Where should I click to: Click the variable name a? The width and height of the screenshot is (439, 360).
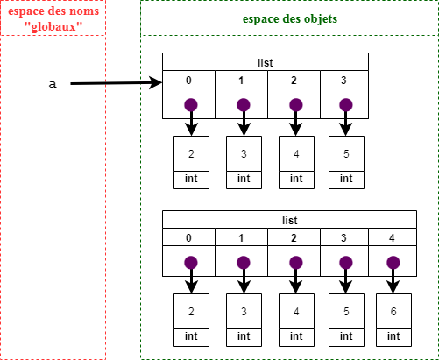point(53,84)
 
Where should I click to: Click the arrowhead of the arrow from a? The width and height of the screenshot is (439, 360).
point(156,82)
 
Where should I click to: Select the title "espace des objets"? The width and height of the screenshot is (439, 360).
point(290,18)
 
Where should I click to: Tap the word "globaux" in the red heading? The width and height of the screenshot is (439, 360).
point(53,26)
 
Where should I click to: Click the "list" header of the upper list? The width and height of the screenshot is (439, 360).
point(266,62)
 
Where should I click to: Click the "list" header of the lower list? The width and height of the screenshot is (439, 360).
point(289,220)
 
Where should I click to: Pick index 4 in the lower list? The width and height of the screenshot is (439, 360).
point(392,238)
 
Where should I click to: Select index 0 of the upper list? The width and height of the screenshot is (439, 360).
point(188,80)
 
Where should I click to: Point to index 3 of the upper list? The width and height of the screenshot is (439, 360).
point(343,80)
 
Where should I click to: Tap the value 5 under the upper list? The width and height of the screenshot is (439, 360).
point(346,153)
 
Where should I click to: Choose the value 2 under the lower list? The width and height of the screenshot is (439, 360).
point(191,311)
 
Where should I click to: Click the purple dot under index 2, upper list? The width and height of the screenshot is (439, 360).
point(296,105)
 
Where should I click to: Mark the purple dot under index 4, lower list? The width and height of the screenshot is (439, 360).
point(393,263)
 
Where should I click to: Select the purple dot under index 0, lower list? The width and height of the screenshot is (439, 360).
point(191,263)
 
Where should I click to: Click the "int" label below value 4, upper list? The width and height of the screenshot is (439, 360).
point(296,178)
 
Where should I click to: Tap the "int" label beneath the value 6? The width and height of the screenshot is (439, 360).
point(393,335)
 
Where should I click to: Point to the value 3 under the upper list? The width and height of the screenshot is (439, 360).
point(244,153)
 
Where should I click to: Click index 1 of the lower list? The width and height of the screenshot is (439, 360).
point(241,238)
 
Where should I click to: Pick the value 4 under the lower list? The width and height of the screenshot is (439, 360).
point(296,311)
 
